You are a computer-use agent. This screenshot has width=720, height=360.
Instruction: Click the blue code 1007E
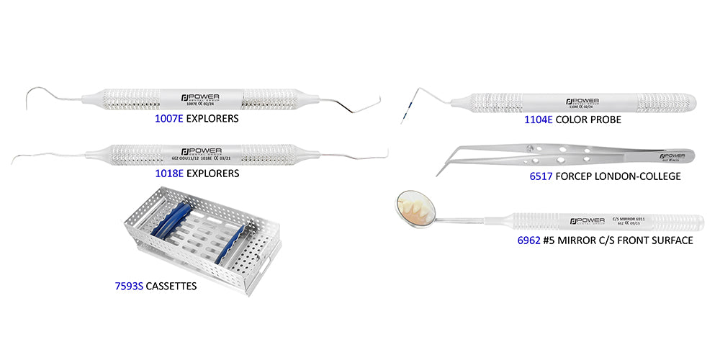click(x=168, y=117)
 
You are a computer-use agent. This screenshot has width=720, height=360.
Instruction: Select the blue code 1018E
click(x=168, y=174)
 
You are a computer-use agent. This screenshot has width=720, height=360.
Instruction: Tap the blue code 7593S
click(x=129, y=287)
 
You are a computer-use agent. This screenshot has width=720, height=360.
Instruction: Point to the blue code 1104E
click(x=539, y=122)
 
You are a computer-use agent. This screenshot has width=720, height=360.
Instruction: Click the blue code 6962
click(x=528, y=240)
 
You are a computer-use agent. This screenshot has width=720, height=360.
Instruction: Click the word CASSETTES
click(x=171, y=287)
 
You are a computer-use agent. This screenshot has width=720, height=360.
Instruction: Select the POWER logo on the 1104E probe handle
click(x=582, y=101)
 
